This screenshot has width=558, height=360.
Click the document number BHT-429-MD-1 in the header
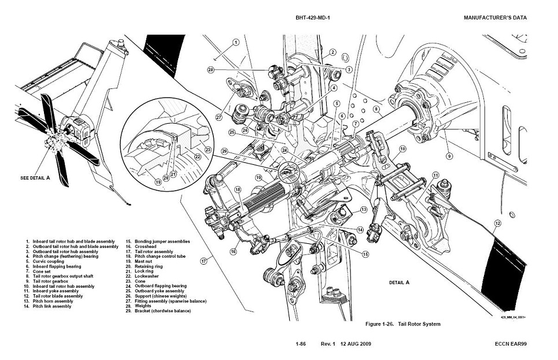point(316,17)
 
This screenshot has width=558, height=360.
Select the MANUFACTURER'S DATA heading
point(495,17)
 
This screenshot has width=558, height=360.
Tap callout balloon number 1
point(236,42)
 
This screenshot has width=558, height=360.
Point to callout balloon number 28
point(210,70)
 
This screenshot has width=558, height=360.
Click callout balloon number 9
point(449,155)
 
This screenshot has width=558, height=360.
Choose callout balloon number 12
point(497,223)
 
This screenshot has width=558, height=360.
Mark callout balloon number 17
point(204,261)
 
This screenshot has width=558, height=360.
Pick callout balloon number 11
point(435,175)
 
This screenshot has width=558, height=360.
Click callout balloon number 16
point(234,251)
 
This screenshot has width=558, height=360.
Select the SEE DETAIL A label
point(35,178)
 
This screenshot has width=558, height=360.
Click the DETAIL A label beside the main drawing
point(399,283)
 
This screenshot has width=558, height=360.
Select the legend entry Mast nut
point(145,261)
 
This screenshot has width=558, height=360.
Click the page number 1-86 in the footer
point(301,344)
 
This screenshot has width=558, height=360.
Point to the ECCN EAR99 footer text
point(511,344)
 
